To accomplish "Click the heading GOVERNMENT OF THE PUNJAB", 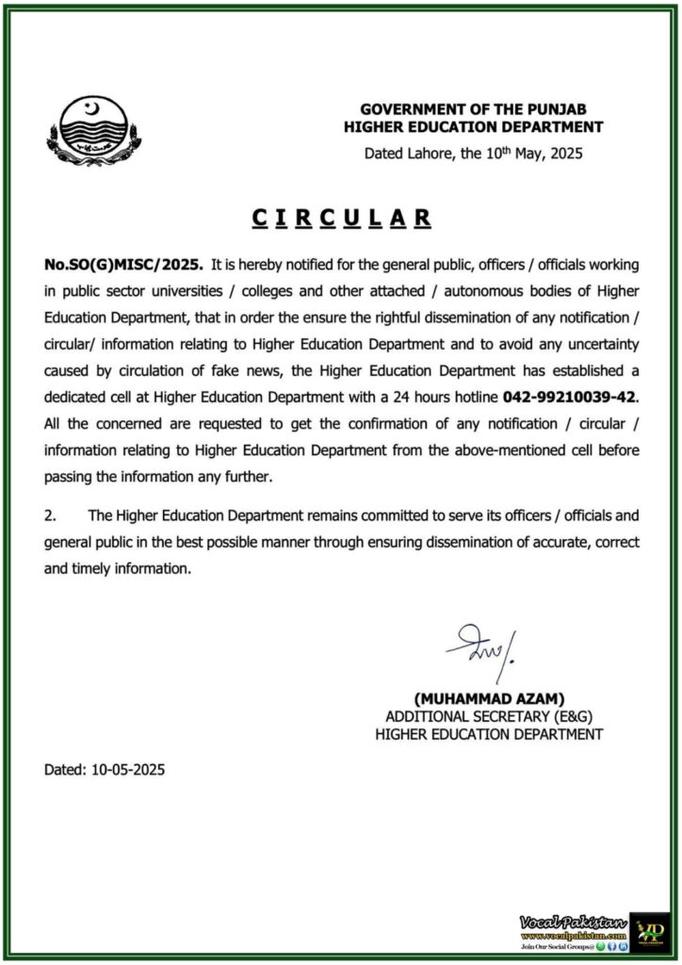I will (481, 108).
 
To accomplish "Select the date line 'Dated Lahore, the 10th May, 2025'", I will (474, 153).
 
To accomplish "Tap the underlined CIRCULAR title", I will (341, 219).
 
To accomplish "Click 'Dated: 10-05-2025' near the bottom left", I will (105, 769).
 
